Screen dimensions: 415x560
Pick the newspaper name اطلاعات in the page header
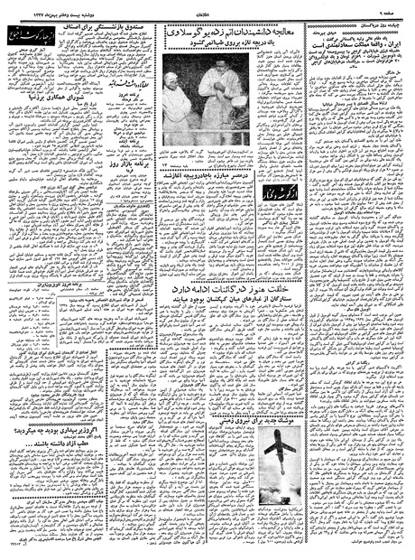click(206, 7)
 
